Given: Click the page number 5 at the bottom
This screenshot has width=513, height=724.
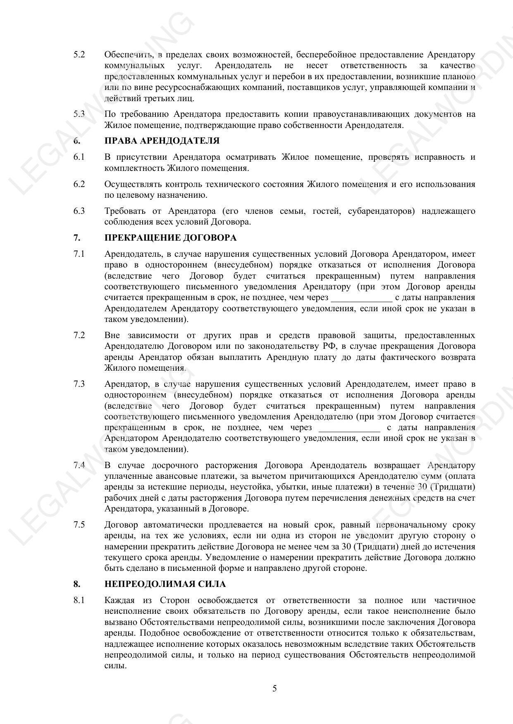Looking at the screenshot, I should click(274, 688).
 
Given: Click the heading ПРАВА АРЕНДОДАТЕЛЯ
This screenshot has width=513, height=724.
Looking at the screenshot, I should click(162, 141).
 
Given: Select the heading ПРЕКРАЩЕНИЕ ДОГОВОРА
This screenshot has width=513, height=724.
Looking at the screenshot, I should click(170, 238).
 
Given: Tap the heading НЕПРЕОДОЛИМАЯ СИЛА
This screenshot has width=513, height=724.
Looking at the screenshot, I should click(165, 584).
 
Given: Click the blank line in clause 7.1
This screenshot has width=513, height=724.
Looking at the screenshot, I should click(361, 298).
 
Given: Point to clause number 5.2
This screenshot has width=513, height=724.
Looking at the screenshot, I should click(79, 54).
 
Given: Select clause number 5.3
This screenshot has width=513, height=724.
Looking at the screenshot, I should click(79, 114).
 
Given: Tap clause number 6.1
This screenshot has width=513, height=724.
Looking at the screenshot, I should click(79, 157).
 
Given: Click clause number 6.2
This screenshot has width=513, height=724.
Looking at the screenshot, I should click(79, 184).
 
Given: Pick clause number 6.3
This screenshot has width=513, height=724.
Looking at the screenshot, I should click(79, 211).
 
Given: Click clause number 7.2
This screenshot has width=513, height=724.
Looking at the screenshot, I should click(79, 335).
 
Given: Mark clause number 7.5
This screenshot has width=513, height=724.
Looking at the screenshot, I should click(79, 525).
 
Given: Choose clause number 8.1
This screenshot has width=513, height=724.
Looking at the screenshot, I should click(79, 600).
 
